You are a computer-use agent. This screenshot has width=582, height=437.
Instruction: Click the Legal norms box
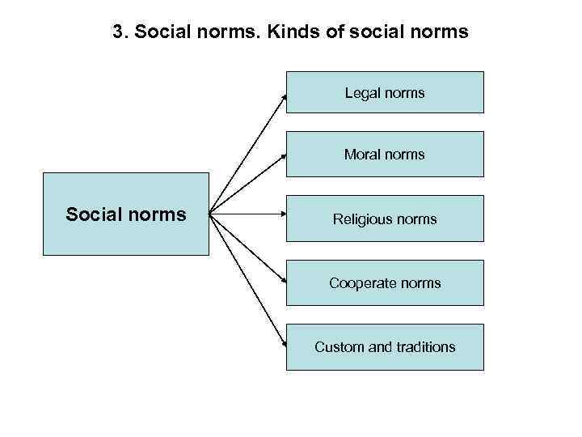(x=385, y=92)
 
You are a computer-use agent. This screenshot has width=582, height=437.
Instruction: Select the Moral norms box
(x=385, y=154)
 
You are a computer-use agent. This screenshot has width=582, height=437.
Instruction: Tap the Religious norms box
(x=385, y=218)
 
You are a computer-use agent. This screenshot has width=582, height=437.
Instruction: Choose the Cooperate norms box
(x=385, y=283)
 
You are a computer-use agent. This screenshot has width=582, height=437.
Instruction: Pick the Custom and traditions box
(x=385, y=347)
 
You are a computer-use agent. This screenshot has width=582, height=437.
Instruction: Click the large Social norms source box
(x=125, y=214)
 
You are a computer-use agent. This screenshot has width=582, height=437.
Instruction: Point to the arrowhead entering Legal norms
(x=285, y=95)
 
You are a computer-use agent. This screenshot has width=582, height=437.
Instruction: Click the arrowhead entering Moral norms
(x=285, y=154)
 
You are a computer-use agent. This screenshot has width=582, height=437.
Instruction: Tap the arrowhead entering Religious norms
(x=284, y=215)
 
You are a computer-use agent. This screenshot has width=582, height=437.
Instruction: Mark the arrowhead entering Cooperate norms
(x=285, y=282)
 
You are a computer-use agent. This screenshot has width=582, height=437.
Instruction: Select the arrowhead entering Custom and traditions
(x=285, y=344)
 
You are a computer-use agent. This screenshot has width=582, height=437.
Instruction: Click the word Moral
(x=361, y=155)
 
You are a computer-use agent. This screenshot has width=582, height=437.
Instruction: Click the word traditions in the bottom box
(x=425, y=347)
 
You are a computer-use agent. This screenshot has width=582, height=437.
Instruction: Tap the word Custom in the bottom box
(x=339, y=347)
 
